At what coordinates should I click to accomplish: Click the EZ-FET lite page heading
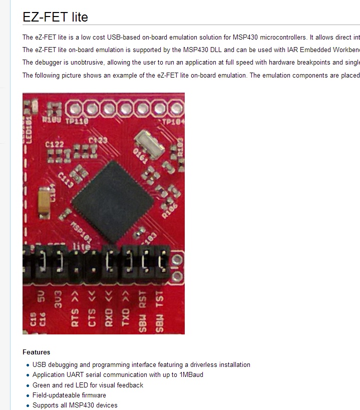[x=55, y=17]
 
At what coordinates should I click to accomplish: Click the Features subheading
[x=36, y=352]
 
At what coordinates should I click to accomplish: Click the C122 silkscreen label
[x=55, y=145]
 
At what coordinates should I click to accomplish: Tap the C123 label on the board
[x=98, y=141]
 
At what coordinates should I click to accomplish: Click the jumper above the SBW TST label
[x=161, y=261]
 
